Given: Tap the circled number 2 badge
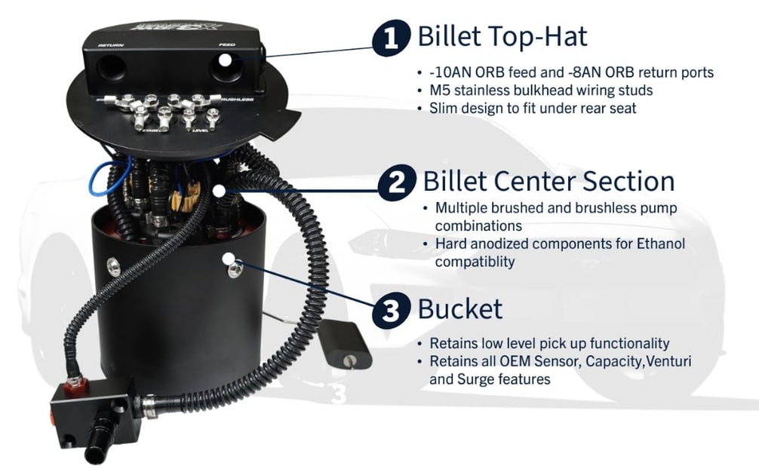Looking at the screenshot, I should (x=395, y=182).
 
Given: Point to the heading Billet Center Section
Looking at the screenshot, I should (x=549, y=182).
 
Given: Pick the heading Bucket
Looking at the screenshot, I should (x=459, y=309).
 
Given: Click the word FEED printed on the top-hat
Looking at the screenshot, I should (x=226, y=46).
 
